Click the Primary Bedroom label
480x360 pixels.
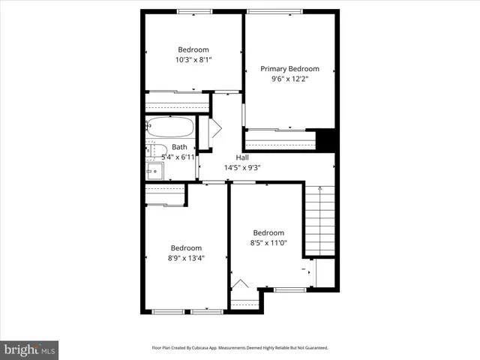point(289,68)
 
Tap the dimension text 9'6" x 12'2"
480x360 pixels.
point(289,78)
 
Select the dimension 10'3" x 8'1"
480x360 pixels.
point(193,59)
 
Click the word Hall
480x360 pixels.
point(242,157)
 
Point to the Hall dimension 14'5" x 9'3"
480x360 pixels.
point(242,167)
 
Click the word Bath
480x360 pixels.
point(179,147)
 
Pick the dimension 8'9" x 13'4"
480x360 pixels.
point(185,258)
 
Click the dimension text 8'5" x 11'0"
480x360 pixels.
point(268,242)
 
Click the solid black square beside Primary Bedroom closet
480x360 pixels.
point(325,140)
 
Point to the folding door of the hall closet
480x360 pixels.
point(214,127)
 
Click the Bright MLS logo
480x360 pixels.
point(30,349)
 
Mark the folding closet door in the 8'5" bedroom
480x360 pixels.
point(240,285)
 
